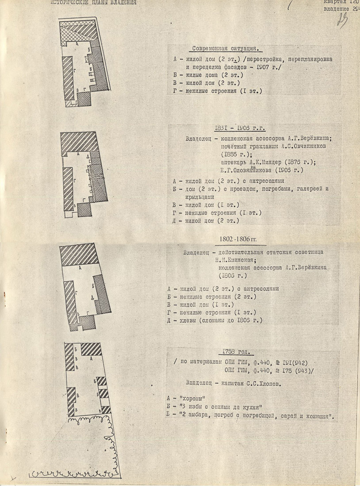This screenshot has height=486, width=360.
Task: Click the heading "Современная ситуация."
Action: point(226,49)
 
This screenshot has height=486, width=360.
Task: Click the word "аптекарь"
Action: point(236,162)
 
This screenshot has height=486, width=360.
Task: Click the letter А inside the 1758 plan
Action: point(90,361)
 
